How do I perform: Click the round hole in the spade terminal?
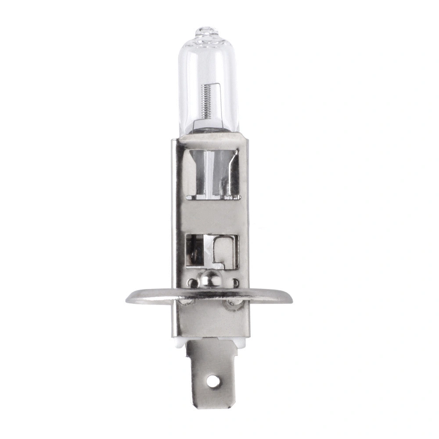[213, 381]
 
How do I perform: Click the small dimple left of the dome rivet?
[191, 282]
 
